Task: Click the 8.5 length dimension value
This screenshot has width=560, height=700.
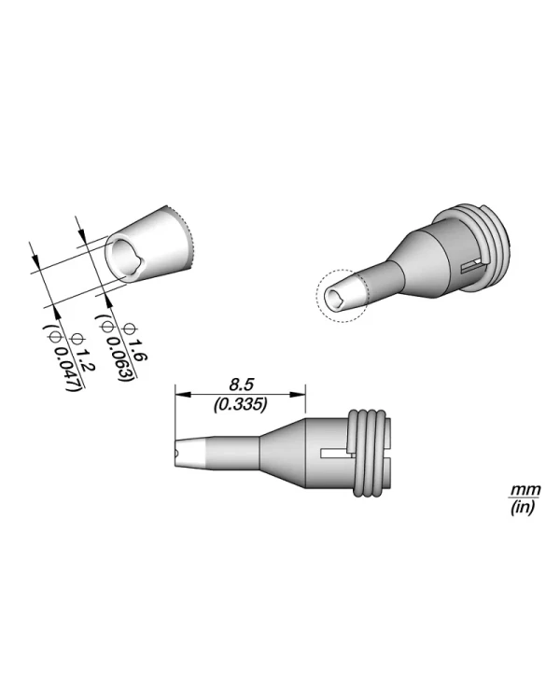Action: click(241, 384)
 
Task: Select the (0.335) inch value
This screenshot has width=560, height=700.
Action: click(241, 405)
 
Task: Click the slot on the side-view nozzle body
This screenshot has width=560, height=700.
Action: click(334, 455)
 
